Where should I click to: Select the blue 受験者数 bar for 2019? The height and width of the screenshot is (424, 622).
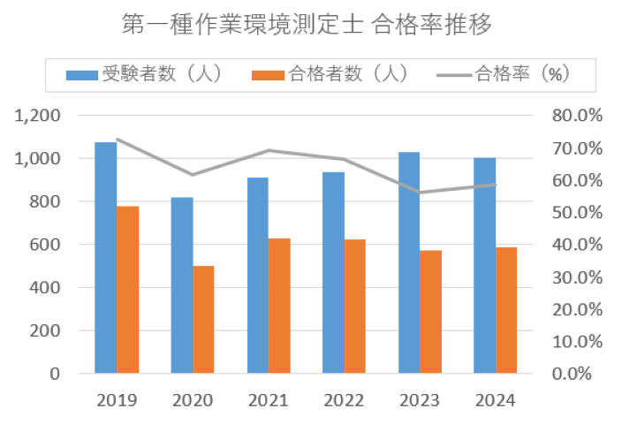pyautogui.click(x=105, y=257)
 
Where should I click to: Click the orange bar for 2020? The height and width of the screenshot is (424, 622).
pyautogui.click(x=204, y=319)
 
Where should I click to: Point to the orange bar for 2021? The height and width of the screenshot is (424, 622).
pyautogui.click(x=280, y=306)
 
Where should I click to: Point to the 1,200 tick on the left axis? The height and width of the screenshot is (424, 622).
pyautogui.click(x=42, y=116)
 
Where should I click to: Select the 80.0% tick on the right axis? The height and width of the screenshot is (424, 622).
pyautogui.click(x=577, y=116)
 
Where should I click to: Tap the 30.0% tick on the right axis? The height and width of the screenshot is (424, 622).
pyautogui.click(x=577, y=276)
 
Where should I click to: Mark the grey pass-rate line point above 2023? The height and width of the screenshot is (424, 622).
pyautogui.click(x=420, y=193)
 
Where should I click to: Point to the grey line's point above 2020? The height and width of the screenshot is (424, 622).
pyautogui.click(x=193, y=175)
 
